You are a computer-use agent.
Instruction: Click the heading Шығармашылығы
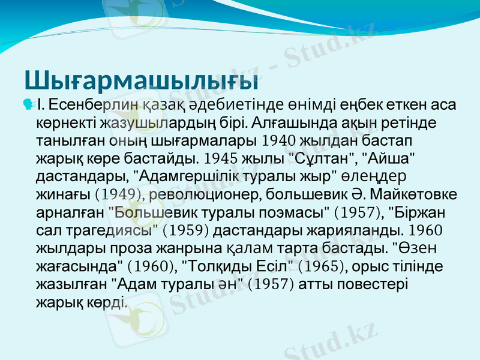[142, 79]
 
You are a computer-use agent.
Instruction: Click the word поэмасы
[296, 212]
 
